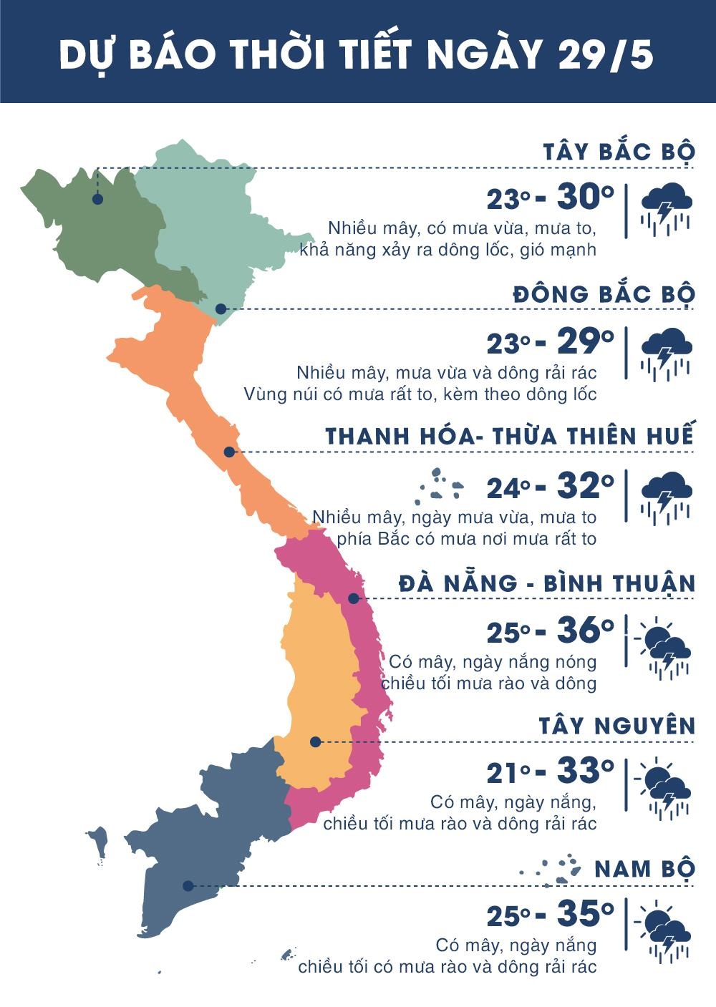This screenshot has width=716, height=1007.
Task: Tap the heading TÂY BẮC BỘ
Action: point(619,152)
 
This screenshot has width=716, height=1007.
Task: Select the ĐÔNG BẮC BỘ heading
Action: point(604,295)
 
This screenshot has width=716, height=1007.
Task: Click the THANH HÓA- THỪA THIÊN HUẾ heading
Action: point(510,437)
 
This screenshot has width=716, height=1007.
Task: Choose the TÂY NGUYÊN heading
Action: point(617,726)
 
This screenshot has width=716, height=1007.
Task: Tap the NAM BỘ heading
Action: point(644,869)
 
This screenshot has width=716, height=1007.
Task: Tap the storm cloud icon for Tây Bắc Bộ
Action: point(666,208)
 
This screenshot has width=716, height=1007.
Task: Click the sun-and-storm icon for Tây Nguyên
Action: point(664,787)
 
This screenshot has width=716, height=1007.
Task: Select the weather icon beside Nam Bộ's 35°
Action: point(664,931)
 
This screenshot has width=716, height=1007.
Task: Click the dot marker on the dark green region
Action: point(97,200)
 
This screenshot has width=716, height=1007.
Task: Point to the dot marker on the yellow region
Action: point(315,742)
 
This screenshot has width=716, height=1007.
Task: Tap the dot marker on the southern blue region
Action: point(188,886)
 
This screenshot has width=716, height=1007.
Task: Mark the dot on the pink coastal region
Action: point(353,598)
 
